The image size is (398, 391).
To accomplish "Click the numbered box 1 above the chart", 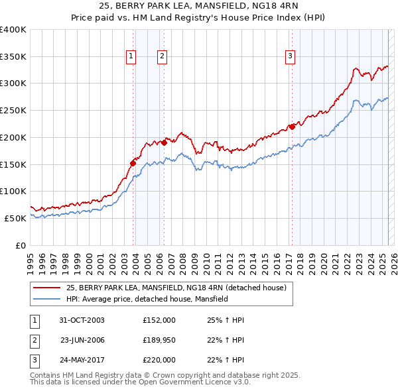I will coord(131,57).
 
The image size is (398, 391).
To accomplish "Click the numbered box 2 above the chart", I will coord(162,57).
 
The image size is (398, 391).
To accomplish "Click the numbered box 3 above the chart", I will coord(291,57).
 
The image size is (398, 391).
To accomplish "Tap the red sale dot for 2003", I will coord(133,162).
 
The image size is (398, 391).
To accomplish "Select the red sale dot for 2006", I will coord(164,141).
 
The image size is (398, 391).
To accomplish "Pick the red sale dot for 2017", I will coord(291,126).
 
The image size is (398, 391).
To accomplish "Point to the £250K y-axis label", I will coord(13,110).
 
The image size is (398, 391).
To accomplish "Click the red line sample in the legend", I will coord(46,288).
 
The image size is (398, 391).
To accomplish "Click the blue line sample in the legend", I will coord(46,299).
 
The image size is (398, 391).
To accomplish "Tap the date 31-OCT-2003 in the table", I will coord(82,321).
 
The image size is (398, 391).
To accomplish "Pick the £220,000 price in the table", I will coord(159,361).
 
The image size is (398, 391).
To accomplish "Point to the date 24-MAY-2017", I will coord(82,361).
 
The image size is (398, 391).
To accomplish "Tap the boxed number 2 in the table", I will coord(33,341).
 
